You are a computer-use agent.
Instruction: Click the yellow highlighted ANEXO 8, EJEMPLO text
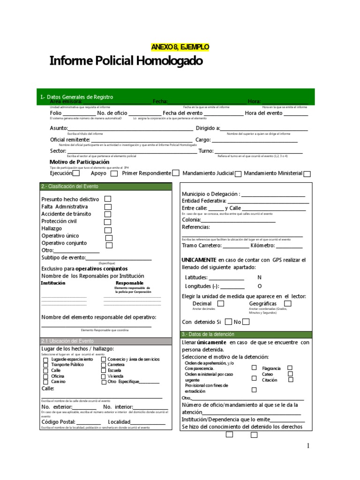(180, 47)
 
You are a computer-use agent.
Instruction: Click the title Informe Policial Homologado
(127, 61)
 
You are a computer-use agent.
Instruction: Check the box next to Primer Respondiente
(175, 173)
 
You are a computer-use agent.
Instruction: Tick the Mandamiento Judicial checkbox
(238, 173)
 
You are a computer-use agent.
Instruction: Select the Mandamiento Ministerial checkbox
(307, 173)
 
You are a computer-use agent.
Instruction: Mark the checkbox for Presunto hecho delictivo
(108, 199)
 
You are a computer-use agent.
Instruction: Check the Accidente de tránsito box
(108, 214)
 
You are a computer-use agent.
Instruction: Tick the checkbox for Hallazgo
(108, 230)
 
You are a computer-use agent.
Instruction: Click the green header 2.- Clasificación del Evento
(106, 187)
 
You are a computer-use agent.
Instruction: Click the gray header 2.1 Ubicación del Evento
(106, 341)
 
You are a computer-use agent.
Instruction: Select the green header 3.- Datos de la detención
(246, 334)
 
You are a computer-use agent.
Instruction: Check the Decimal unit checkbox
(221, 304)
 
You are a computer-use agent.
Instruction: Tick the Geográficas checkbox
(288, 304)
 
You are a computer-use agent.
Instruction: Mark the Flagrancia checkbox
(290, 368)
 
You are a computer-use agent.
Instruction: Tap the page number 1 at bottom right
(308, 446)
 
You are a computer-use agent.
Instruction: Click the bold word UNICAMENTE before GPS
(199, 260)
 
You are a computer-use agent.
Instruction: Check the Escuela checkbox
(104, 370)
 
